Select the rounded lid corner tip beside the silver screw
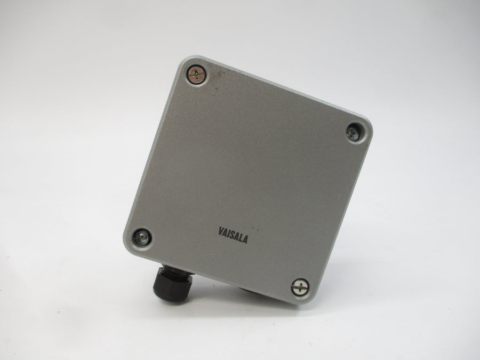(x=307, y=302)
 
